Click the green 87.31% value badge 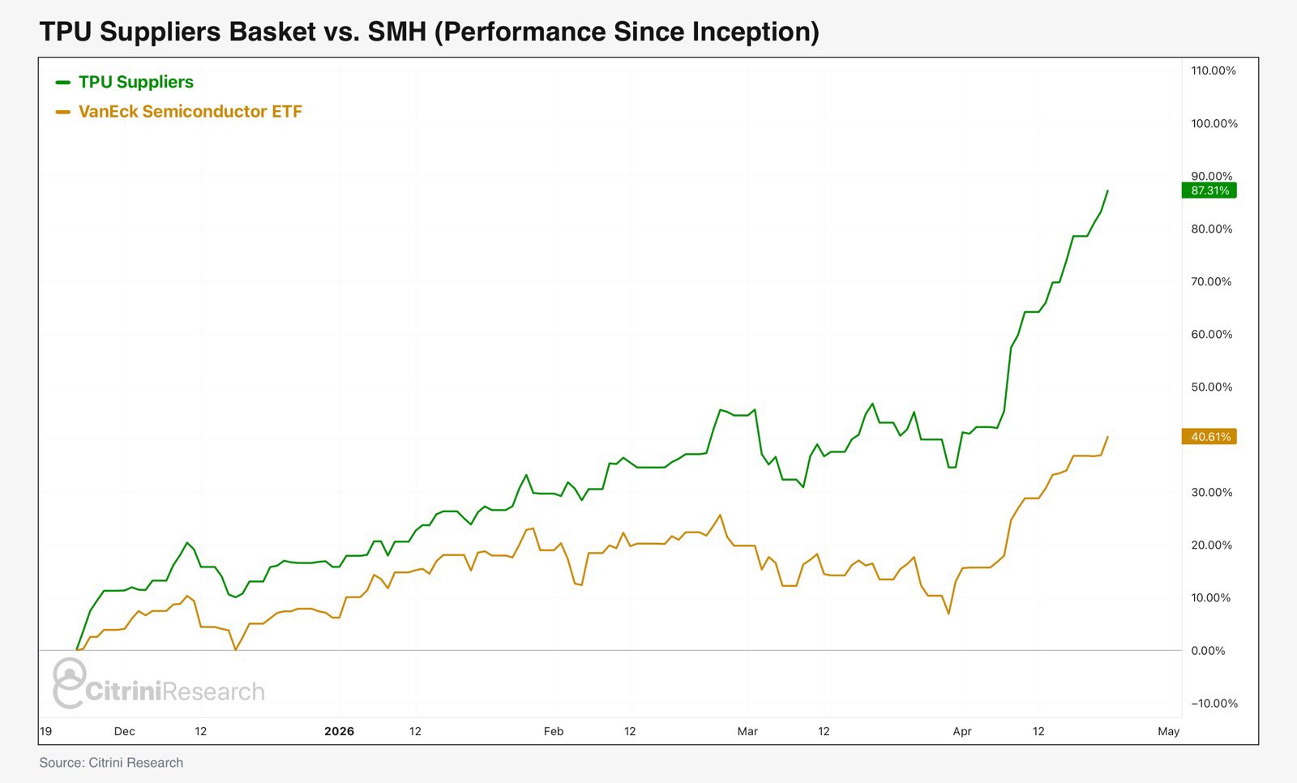[1209, 190]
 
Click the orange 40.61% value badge [1209, 437]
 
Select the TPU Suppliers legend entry [135, 82]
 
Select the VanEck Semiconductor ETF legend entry [190, 112]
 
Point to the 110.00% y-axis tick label [1214, 71]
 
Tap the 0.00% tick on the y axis [1208, 651]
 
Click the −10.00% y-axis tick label [1214, 704]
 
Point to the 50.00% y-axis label [1211, 387]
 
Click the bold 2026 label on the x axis [339, 731]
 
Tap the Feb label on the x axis [554, 731]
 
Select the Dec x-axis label [125, 731]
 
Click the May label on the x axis [1168, 731]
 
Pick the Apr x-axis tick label [962, 731]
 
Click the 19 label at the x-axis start [45, 731]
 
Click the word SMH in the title [396, 32]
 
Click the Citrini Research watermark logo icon [70, 682]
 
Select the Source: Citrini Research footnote [111, 763]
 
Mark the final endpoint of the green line [1108, 190]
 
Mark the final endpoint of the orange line [1108, 436]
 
